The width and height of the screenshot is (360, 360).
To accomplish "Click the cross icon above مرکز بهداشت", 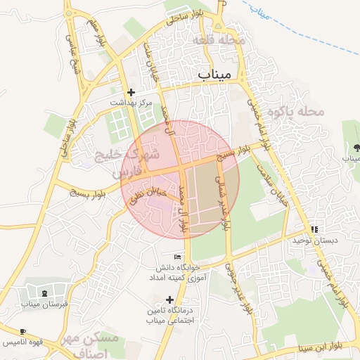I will coord(130,92).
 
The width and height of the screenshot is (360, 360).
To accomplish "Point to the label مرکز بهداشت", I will coord(130,103).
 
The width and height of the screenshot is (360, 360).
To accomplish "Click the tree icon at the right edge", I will coord(356,148).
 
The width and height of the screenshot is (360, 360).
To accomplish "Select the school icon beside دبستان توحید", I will coord(314,229).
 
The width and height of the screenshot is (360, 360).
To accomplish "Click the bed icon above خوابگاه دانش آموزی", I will coord(177,256).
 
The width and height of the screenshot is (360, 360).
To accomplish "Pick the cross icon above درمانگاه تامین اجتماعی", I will coord(169,300).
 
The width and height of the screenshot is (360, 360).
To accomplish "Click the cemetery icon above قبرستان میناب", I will coord(44,293).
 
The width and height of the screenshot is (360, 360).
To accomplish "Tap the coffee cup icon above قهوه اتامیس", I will coord(23,331).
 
